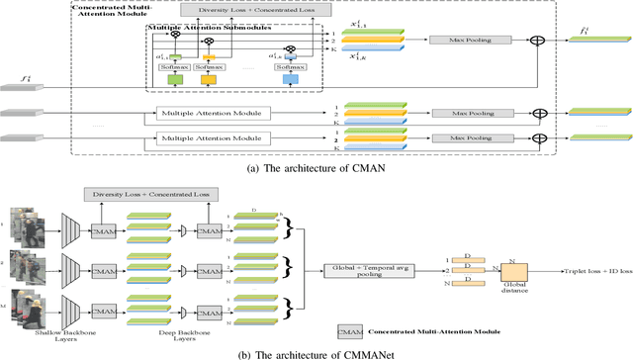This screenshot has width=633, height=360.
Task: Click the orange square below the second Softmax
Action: click(209, 80)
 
